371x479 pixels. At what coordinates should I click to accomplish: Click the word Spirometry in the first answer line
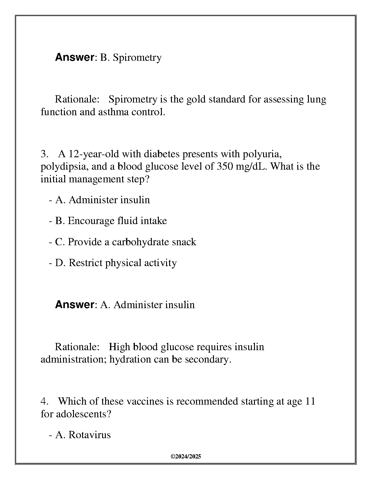[x=137, y=57]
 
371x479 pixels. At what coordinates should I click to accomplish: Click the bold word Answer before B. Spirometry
[x=75, y=57]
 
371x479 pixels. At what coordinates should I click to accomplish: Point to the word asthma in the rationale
[x=113, y=112]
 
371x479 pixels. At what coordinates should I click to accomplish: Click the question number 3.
[x=44, y=154]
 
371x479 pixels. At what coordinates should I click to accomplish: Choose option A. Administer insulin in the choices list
[x=102, y=200]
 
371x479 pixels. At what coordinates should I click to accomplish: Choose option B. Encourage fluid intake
[x=111, y=221]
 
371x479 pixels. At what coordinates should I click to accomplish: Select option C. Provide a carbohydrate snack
[x=125, y=242]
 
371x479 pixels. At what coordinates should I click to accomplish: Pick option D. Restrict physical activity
[x=116, y=263]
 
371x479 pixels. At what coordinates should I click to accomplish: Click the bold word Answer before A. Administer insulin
[x=75, y=305]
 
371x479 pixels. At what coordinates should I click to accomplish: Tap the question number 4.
[x=44, y=401]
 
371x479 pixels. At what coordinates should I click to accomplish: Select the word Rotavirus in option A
[x=90, y=435]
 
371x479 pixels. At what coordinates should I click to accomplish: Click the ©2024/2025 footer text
[x=186, y=457]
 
